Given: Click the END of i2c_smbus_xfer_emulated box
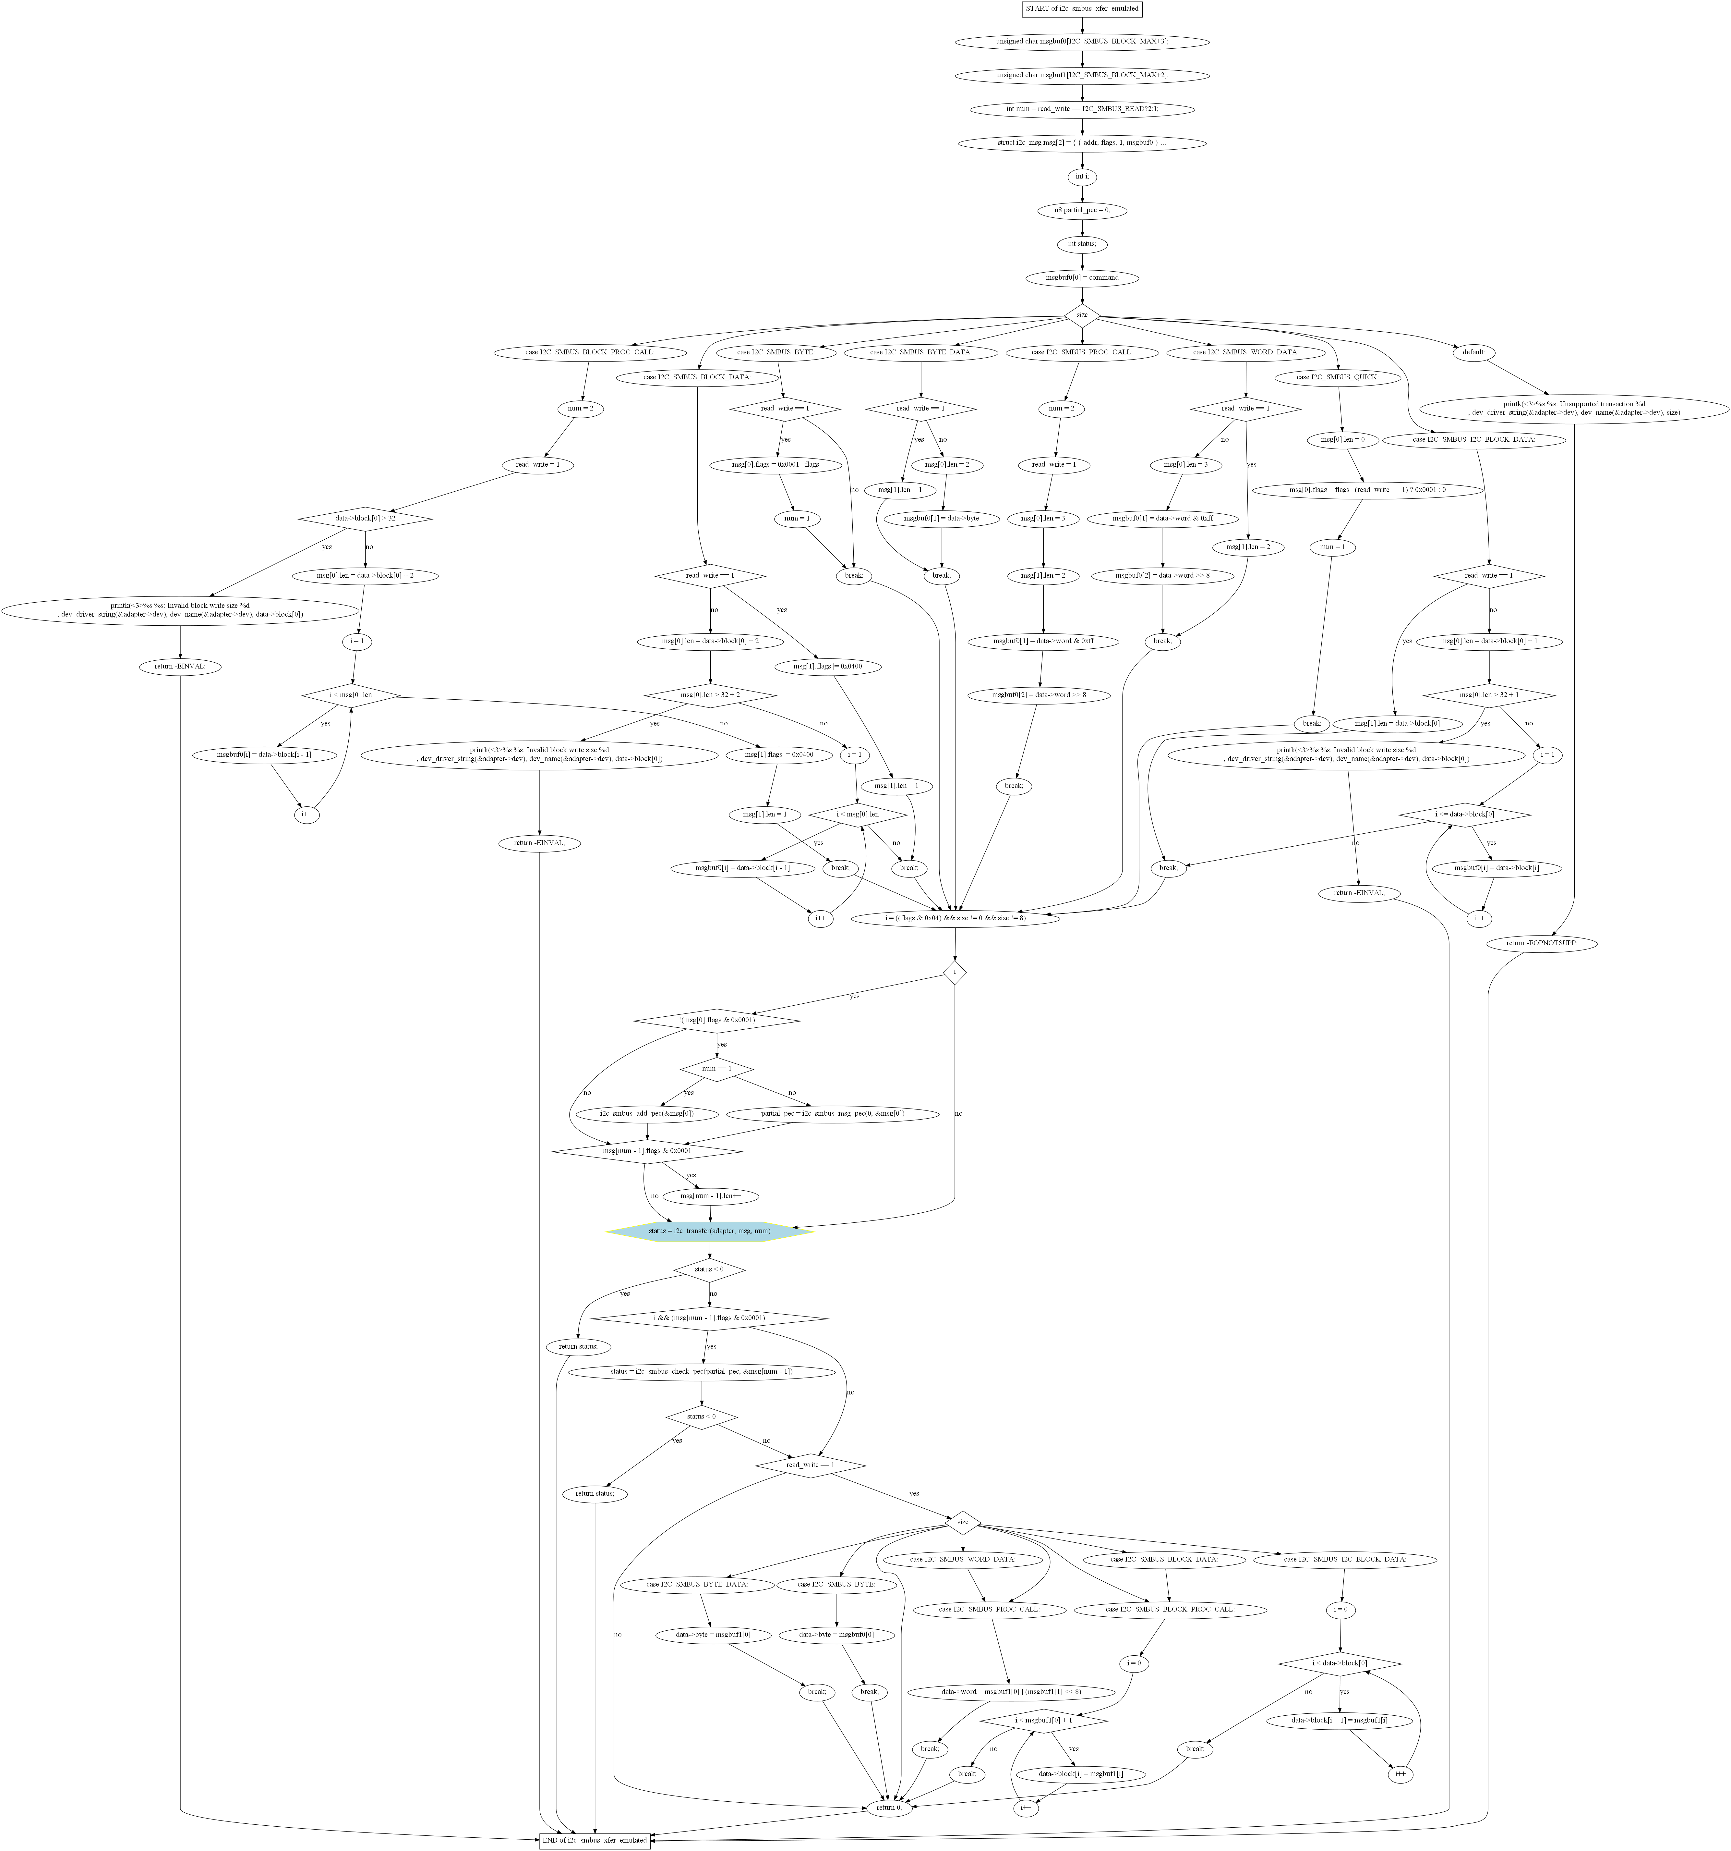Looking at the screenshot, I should (x=594, y=1840).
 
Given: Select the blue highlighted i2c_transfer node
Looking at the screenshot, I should (x=710, y=1231).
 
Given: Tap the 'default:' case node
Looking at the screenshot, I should (x=1472, y=352).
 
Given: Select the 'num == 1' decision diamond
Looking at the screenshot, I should (x=716, y=1069).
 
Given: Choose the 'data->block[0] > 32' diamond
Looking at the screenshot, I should (x=366, y=518).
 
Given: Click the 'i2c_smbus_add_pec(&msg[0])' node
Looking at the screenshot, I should (x=647, y=1114).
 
